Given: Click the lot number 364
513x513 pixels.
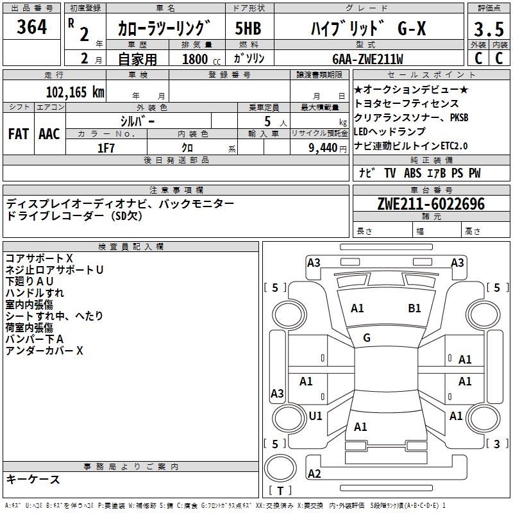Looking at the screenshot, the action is [x=31, y=27].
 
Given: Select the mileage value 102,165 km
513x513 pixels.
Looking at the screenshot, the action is [x=75, y=92].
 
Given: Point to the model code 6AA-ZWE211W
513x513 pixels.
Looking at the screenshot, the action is [x=367, y=59].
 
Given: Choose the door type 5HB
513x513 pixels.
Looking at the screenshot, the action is [x=248, y=29].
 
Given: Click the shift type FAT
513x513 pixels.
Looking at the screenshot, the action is [x=18, y=134].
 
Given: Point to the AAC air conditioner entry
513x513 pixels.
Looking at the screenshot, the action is [x=49, y=134].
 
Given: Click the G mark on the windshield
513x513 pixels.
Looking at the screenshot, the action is [x=367, y=338].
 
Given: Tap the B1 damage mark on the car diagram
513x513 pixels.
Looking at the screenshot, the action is [x=414, y=308].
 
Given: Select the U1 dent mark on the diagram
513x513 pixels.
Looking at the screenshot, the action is [x=315, y=416].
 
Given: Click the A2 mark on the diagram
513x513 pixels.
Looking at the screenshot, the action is [x=314, y=473].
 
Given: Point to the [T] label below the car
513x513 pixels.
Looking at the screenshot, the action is [x=280, y=491].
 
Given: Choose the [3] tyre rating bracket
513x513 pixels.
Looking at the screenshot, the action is [x=497, y=444].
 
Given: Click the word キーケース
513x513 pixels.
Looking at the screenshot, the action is [x=33, y=480].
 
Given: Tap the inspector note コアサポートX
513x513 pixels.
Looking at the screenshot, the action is [x=39, y=258].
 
